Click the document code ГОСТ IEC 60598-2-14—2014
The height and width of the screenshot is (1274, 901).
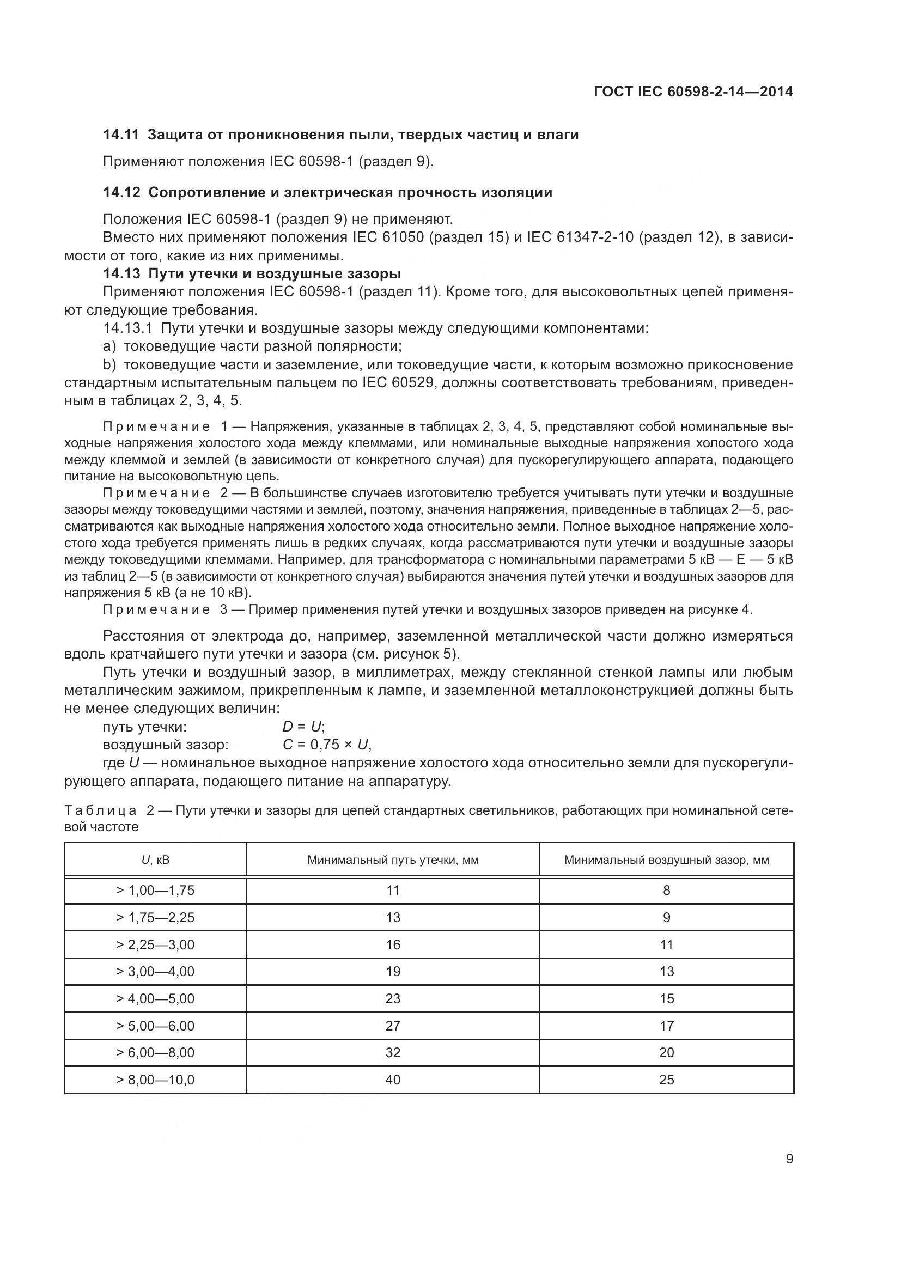coord(693,92)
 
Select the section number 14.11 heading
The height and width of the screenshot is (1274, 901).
coord(121,135)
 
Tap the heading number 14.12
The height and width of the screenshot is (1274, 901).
coord(121,192)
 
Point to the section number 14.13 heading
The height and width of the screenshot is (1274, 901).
coord(121,273)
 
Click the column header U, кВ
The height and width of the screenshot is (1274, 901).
coord(155,860)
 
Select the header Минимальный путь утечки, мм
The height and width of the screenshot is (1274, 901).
coord(393,860)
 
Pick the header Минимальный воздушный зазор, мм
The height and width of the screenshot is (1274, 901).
coord(666,860)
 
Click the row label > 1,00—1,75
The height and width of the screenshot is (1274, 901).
coord(155,891)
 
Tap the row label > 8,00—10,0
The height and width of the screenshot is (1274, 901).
coord(155,1080)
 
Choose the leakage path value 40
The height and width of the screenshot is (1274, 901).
coord(393,1080)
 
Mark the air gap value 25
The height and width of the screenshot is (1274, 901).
coord(666,1080)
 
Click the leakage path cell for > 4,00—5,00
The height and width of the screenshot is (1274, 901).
coord(393,999)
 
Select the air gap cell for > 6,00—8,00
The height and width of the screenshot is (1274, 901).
coord(666,1053)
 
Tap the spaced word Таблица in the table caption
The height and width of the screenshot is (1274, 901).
coord(100,810)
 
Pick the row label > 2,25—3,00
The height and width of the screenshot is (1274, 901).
coord(155,945)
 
